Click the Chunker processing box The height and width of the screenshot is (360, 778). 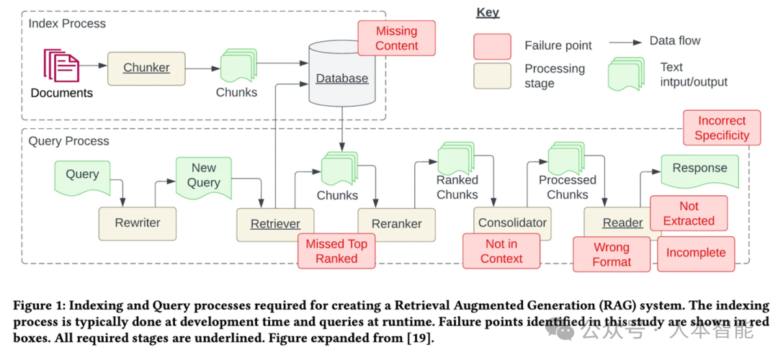(x=146, y=68)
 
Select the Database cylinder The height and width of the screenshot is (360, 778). (x=342, y=76)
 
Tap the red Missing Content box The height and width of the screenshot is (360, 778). (x=396, y=39)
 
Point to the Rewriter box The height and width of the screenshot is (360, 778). (x=138, y=223)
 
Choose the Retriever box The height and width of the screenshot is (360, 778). (x=275, y=224)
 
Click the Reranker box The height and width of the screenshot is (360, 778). (x=396, y=224)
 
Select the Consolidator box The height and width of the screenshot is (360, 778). (x=512, y=223)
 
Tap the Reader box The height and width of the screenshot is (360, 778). (x=622, y=224)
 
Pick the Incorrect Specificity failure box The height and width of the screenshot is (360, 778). (x=722, y=128)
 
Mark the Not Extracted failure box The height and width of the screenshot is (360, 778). (x=689, y=214)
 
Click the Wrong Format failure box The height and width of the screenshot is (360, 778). (x=612, y=254)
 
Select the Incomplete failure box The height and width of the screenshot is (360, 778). (x=696, y=253)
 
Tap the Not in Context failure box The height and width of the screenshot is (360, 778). (x=501, y=251)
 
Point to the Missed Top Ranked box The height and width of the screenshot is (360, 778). (x=336, y=251)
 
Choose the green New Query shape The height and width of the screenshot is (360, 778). (x=204, y=176)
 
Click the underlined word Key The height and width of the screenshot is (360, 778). (x=488, y=13)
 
